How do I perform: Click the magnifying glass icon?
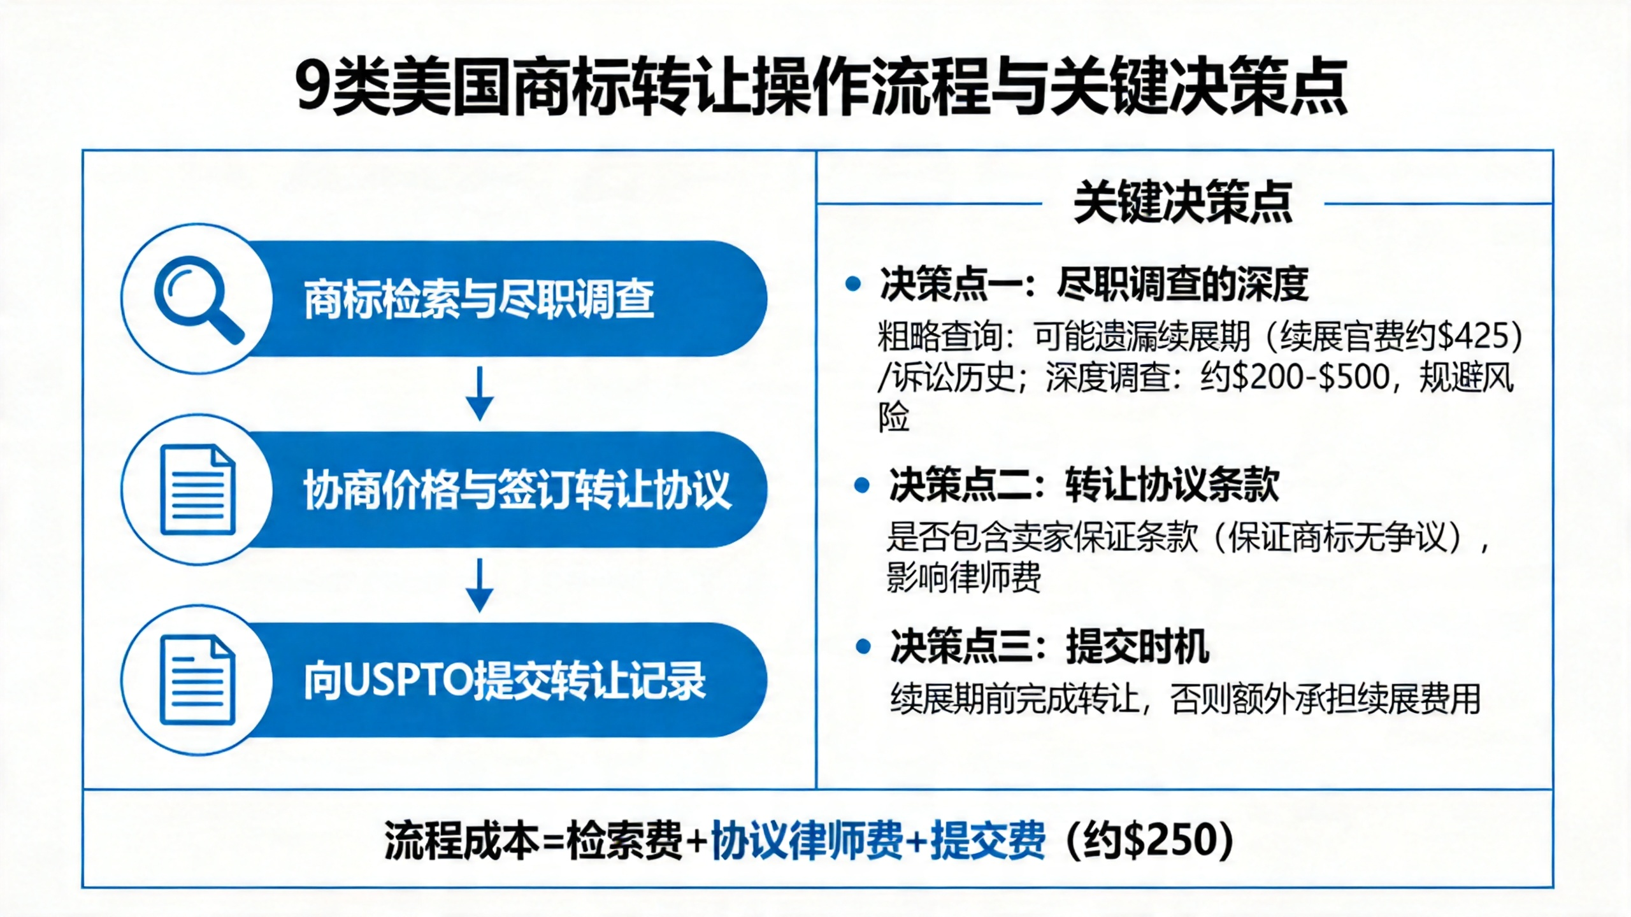pyautogui.click(x=198, y=299)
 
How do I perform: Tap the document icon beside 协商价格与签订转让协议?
pyautogui.click(x=198, y=489)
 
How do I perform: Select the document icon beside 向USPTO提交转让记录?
pyautogui.click(x=198, y=680)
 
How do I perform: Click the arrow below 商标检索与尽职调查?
pyautogui.click(x=480, y=394)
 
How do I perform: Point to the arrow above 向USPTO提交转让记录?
pyautogui.click(x=480, y=585)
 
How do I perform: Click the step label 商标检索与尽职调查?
pyautogui.click(x=479, y=299)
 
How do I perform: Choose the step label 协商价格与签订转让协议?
pyautogui.click(x=517, y=490)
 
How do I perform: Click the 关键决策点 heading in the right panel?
pyautogui.click(x=1183, y=203)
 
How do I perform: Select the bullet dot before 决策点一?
pyautogui.click(x=852, y=284)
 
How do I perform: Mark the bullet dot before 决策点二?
pyautogui.click(x=861, y=486)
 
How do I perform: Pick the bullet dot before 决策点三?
pyautogui.click(x=863, y=647)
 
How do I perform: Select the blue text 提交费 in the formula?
pyautogui.click(x=988, y=840)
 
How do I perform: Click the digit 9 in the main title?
pyautogui.click(x=313, y=87)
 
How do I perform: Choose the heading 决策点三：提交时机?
pyautogui.click(x=1049, y=647)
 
